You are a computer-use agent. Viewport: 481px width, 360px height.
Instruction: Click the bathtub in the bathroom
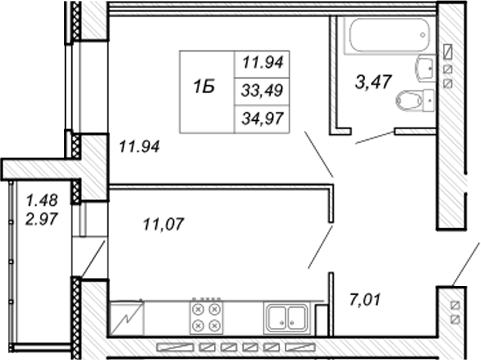[389, 36]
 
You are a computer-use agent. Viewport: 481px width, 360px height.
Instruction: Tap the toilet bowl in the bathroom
[414, 101]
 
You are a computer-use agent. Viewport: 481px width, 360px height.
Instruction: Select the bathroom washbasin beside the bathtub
[425, 69]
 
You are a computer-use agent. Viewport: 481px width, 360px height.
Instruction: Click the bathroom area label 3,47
[374, 82]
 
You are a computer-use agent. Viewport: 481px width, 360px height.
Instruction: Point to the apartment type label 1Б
[204, 87]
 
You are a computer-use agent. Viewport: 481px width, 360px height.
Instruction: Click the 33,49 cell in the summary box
[262, 91]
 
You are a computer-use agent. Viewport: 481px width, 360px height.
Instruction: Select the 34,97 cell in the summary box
[262, 119]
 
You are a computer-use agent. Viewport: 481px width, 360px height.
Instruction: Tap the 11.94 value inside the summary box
[263, 63]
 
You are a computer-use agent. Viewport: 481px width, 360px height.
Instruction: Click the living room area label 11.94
[139, 147]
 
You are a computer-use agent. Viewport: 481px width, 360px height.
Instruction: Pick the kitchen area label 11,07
[164, 224]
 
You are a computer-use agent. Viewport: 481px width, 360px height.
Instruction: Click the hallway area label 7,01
[365, 300]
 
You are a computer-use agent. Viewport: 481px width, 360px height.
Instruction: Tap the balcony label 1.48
[42, 200]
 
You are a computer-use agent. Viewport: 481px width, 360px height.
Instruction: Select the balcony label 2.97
[41, 219]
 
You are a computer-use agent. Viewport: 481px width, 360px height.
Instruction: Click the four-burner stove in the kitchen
[206, 317]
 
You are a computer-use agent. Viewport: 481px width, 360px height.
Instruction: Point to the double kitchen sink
[287, 318]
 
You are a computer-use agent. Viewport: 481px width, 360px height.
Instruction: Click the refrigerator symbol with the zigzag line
[126, 319]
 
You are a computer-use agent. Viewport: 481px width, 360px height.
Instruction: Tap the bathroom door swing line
[375, 137]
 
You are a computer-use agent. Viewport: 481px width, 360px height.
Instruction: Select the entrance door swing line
[465, 264]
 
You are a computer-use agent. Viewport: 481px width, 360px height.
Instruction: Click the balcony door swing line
[92, 259]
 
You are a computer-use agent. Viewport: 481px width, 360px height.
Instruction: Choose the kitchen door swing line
[321, 247]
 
